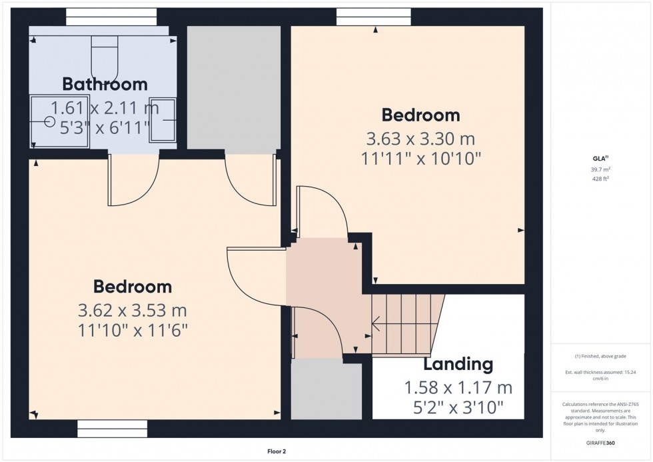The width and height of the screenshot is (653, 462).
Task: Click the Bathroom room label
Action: [x=105, y=85]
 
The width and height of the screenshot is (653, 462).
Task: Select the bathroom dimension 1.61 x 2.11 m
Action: [x=105, y=107]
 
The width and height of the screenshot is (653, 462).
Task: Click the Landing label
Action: [x=458, y=365]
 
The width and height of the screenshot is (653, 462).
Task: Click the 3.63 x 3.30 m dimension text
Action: [x=420, y=139]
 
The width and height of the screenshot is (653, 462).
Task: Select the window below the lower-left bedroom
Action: [x=112, y=425]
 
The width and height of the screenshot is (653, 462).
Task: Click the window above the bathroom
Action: [x=111, y=17]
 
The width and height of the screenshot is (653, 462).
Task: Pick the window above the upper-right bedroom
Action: [x=373, y=17]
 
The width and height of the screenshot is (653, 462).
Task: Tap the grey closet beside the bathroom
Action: [x=233, y=87]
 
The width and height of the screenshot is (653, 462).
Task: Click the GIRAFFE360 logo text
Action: [x=601, y=441]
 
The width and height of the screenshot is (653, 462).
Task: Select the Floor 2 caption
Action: [x=275, y=451]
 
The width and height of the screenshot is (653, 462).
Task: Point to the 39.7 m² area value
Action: [x=601, y=169]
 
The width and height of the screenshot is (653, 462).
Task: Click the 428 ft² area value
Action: [x=601, y=179]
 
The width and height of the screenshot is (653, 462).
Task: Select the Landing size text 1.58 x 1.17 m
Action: [x=458, y=387]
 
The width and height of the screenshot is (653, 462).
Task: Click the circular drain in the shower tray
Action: [x=49, y=122]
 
